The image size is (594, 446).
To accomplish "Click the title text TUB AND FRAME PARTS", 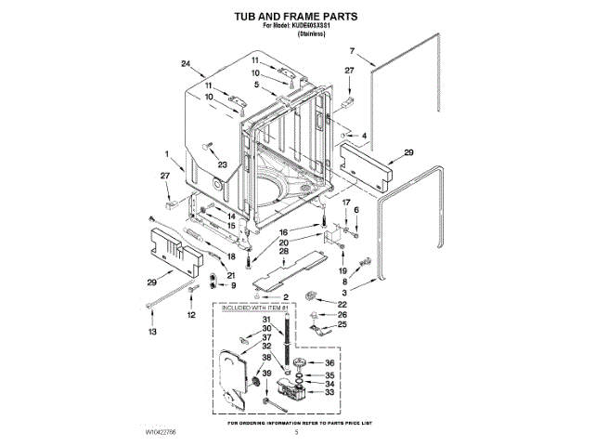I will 296,17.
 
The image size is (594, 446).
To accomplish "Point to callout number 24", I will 186,63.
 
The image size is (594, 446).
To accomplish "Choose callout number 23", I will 222,164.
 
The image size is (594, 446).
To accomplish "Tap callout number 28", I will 284,252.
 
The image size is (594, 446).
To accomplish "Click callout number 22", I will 342,305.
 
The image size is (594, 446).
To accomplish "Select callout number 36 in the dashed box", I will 329,362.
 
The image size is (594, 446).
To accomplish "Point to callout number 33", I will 329,393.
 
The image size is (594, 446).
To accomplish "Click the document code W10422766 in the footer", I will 161,434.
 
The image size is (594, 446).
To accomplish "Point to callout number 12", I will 191,315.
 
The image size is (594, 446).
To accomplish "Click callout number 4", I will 364,136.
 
